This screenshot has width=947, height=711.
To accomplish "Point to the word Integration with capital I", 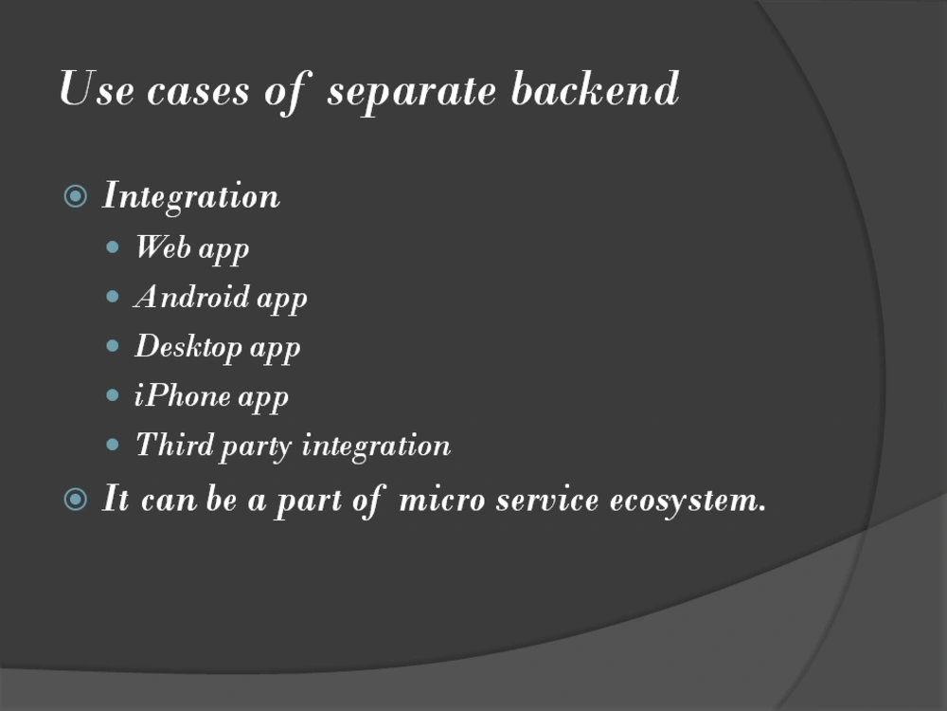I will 191,197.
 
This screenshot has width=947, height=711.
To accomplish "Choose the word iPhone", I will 183,395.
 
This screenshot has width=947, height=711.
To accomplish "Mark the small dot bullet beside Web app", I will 114,248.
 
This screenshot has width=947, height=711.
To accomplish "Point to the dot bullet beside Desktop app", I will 114,347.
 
